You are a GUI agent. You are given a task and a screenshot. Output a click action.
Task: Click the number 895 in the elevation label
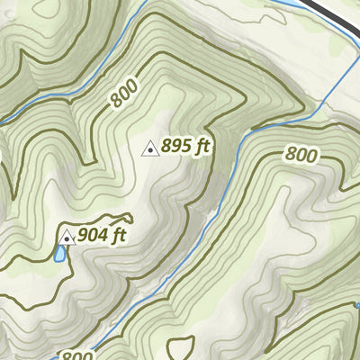(x=176, y=147)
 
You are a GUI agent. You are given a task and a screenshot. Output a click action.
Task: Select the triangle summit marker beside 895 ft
(x=151, y=148)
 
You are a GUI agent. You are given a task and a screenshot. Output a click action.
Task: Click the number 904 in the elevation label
(x=92, y=236)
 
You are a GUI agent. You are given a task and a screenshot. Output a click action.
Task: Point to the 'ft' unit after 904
(x=116, y=236)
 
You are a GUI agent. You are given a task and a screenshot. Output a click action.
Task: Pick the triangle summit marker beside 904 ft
(x=67, y=238)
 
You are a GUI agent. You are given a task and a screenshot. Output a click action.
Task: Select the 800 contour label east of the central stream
(x=301, y=155)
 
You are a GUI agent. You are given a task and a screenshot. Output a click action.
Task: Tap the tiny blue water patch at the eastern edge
(x=357, y=306)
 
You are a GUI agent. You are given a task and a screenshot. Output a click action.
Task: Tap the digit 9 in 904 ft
(x=83, y=236)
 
